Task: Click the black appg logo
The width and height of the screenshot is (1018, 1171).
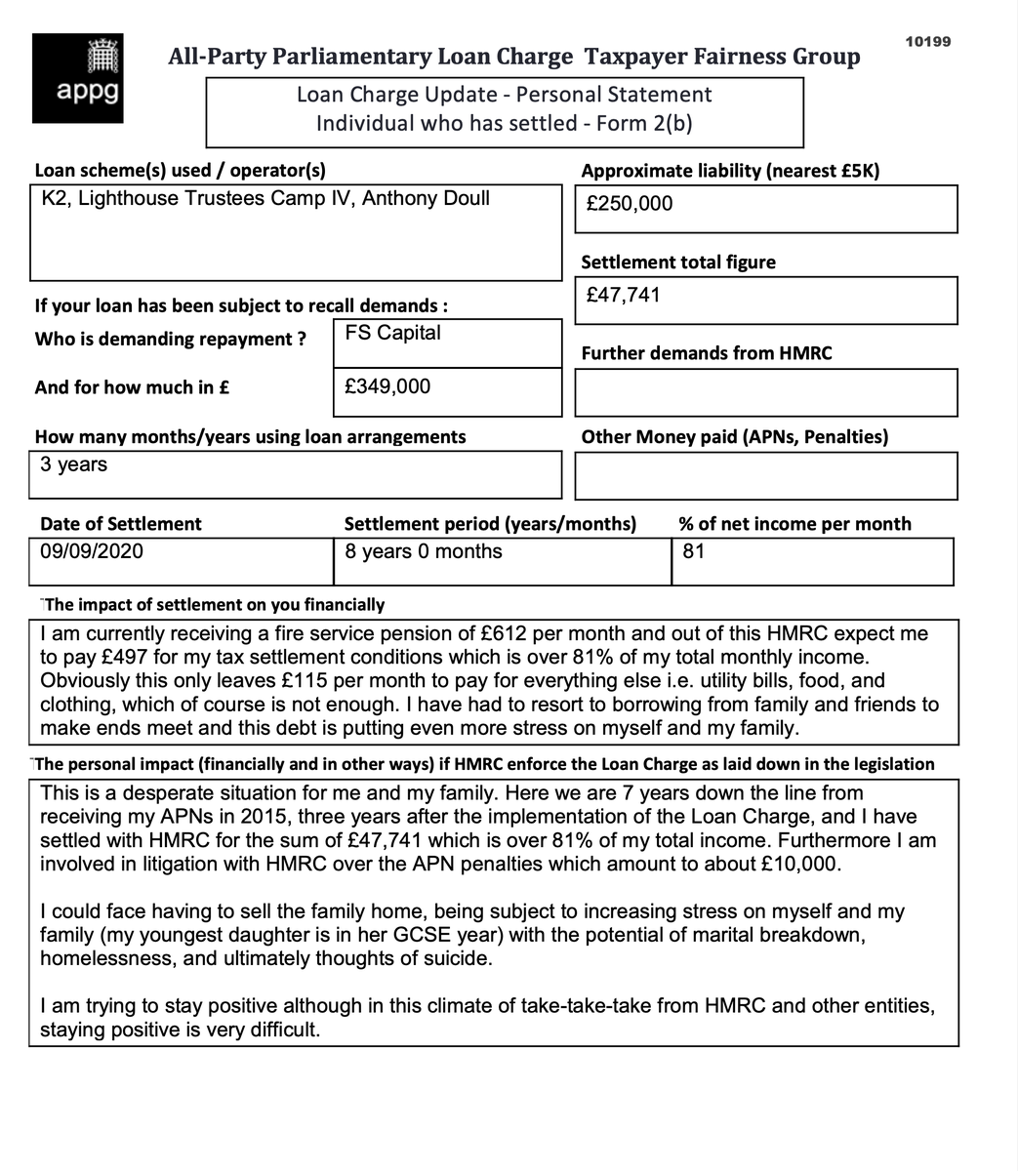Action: click(77, 77)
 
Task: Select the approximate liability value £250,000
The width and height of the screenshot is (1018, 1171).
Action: click(630, 204)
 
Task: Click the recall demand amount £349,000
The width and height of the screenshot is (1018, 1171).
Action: click(387, 386)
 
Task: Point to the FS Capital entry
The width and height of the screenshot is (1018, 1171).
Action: click(393, 333)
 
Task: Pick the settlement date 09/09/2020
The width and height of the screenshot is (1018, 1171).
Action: click(92, 551)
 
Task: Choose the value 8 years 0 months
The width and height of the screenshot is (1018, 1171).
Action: click(424, 551)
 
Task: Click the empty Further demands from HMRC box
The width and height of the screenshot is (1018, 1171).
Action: click(765, 392)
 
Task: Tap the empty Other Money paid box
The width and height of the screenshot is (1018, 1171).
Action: click(765, 475)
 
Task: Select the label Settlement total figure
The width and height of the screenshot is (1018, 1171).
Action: click(678, 262)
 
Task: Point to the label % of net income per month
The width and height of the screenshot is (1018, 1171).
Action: click(794, 524)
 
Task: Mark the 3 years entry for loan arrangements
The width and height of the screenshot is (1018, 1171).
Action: click(74, 464)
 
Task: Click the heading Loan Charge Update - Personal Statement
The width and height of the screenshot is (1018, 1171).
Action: click(504, 95)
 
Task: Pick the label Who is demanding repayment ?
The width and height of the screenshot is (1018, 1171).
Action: click(171, 340)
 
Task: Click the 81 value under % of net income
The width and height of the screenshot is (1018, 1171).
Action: click(693, 551)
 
